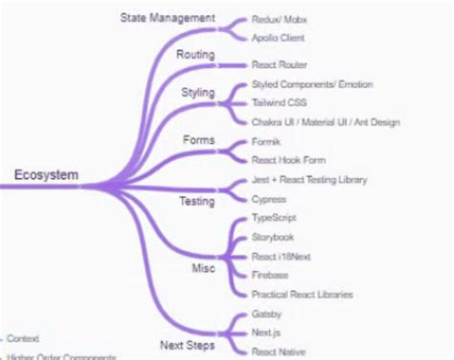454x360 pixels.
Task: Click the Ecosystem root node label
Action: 46,174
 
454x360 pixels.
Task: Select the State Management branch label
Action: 168,18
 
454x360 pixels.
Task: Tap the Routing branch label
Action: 195,56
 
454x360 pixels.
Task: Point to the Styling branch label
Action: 198,93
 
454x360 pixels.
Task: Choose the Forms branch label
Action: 198,141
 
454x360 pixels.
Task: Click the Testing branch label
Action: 197,202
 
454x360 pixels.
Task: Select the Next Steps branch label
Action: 187,345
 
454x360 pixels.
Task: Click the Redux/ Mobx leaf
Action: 280,19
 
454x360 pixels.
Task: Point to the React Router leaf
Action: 279,65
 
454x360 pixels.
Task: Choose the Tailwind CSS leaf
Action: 280,103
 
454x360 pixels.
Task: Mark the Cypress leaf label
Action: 268,198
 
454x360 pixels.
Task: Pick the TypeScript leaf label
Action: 273,218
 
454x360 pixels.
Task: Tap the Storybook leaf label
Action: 272,236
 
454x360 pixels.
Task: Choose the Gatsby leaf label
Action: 266,314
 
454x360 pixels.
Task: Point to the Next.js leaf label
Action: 265,332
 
